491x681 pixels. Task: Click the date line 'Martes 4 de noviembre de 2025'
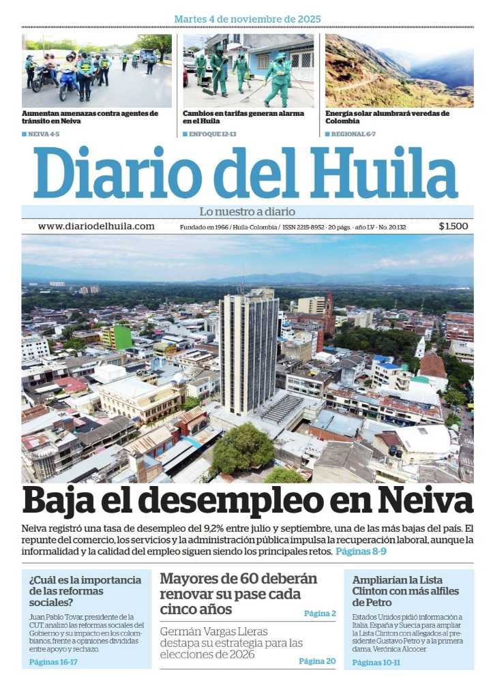tap(247, 19)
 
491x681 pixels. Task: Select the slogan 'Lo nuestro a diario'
tap(247, 211)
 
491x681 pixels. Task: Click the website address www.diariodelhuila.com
tap(96, 226)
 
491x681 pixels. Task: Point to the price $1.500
tap(453, 226)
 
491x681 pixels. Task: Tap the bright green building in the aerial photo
tap(121, 336)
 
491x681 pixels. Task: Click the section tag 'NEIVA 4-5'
tap(43, 134)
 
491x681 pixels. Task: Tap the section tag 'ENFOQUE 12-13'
tap(212, 134)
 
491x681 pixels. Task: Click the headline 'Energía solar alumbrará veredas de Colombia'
tap(387, 117)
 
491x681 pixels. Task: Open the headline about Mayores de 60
tap(239, 593)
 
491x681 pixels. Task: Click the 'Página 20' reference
tap(317, 661)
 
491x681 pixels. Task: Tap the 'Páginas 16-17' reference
tap(54, 661)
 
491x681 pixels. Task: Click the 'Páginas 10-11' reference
tap(376, 662)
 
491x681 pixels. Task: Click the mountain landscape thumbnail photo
tap(399, 70)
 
